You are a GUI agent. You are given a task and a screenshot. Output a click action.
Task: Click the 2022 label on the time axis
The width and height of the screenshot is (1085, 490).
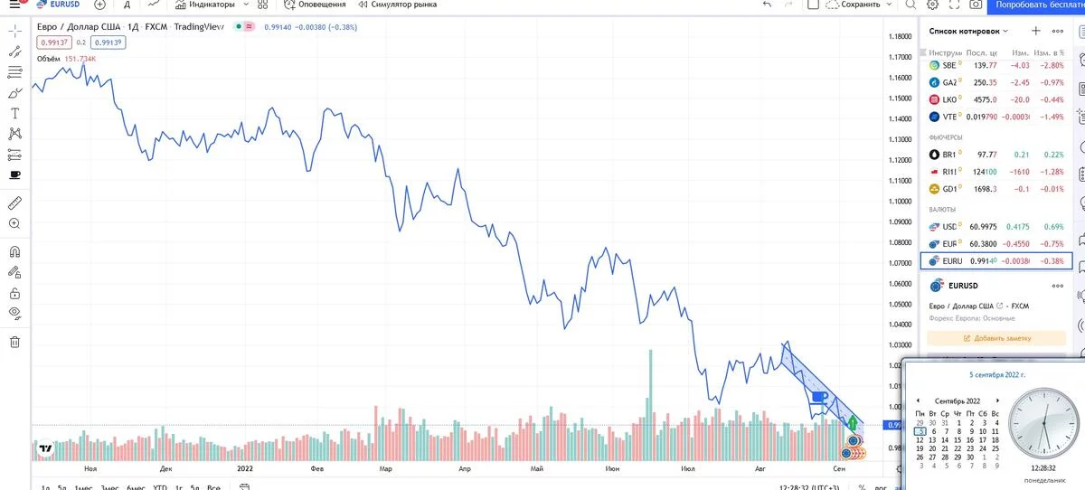pyautogui.click(x=244, y=469)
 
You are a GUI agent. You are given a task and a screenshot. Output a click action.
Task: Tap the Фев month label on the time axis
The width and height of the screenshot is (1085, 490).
pyautogui.click(x=316, y=469)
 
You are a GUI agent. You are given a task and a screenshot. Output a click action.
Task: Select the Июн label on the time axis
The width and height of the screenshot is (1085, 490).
pyautogui.click(x=612, y=469)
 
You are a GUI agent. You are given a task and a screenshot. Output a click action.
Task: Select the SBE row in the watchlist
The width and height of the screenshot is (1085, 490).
pyautogui.click(x=995, y=65)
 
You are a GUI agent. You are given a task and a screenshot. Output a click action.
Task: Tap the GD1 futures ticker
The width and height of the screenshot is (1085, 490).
pyautogui.click(x=949, y=189)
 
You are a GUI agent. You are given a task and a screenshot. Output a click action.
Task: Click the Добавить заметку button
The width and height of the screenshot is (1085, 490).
pyautogui.click(x=995, y=338)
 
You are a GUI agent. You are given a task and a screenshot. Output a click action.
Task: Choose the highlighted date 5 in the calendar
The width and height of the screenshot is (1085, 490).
pyautogui.click(x=920, y=431)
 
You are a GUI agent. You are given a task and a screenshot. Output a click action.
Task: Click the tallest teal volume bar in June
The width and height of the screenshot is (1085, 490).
pyautogui.click(x=649, y=397)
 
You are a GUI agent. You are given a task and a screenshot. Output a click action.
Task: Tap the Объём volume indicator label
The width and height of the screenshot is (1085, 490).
pyautogui.click(x=49, y=59)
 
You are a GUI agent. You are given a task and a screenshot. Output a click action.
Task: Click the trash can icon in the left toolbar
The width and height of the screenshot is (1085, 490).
pyautogui.click(x=14, y=342)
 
